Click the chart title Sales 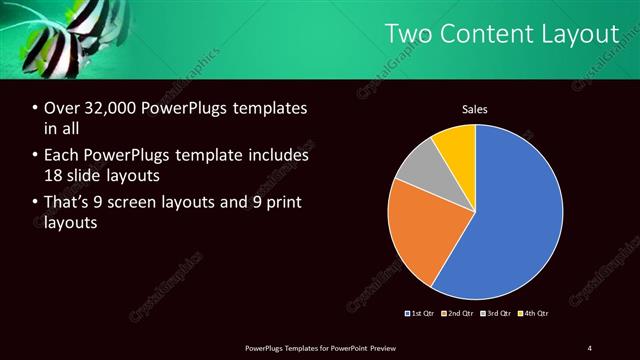tap(475, 109)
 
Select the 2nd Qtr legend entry tap(457, 314)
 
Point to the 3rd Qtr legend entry tap(496, 314)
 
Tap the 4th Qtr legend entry tap(534, 314)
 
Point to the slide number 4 tap(590, 348)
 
